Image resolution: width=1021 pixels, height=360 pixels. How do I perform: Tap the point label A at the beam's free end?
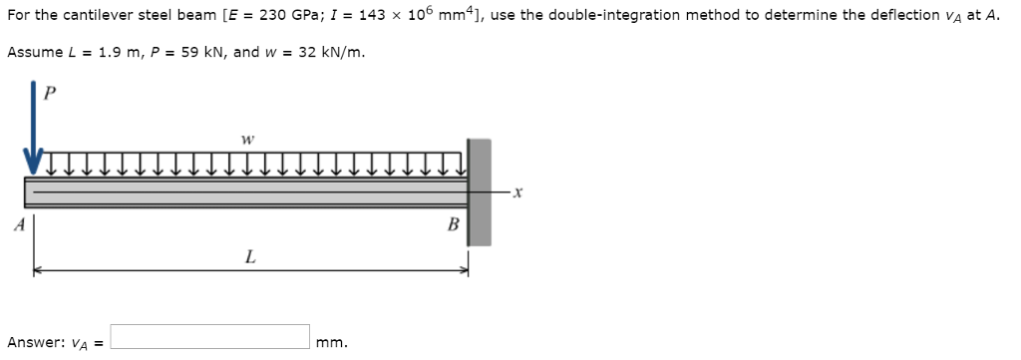tap(18, 224)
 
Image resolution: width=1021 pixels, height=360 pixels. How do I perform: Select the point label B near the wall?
tap(454, 224)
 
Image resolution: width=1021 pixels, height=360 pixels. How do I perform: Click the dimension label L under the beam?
tap(248, 256)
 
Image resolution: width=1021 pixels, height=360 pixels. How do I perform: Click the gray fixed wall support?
tap(480, 192)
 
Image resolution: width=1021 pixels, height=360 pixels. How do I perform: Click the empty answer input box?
tap(209, 337)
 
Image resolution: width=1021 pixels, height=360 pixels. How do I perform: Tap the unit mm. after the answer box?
tap(332, 343)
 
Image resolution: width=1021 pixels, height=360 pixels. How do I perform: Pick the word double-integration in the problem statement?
tap(590, 15)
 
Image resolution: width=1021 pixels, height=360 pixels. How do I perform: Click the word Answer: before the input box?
tap(35, 342)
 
